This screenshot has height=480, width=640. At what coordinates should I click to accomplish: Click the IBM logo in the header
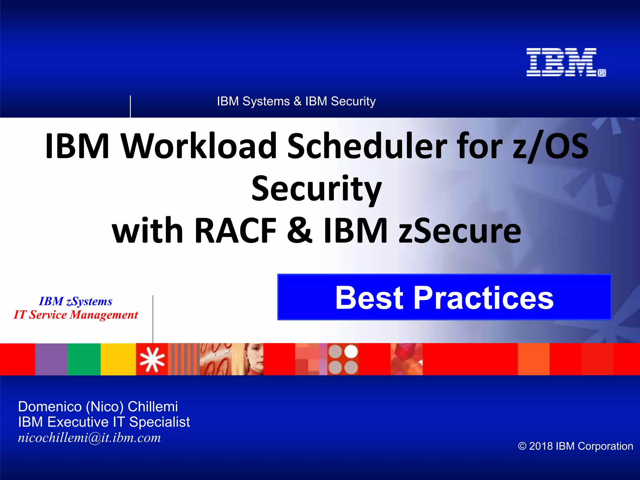click(562, 62)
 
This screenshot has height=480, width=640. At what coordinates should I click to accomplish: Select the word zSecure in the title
click(459, 231)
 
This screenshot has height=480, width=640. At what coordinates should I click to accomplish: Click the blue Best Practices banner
click(444, 297)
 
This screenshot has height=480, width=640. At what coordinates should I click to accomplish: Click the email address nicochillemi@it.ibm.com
click(89, 437)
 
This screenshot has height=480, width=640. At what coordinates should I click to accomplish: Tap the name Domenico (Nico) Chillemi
click(98, 407)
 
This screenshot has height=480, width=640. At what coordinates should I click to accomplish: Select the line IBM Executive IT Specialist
click(104, 422)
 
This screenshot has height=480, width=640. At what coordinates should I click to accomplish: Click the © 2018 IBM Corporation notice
click(575, 446)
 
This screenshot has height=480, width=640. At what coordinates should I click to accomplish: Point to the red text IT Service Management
click(76, 315)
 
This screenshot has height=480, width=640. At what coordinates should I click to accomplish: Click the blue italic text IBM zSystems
click(76, 301)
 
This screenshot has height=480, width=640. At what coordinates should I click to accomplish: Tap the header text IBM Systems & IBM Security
click(296, 101)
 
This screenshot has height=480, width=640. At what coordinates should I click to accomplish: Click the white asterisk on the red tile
click(152, 359)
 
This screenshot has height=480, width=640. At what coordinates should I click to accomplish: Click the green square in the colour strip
click(84, 359)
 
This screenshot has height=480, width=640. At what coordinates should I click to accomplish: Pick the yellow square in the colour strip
click(118, 359)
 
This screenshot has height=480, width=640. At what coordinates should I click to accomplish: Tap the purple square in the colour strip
click(51, 359)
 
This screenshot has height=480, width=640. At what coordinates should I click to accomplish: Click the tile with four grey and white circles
click(343, 359)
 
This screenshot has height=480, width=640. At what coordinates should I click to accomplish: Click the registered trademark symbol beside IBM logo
click(602, 73)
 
